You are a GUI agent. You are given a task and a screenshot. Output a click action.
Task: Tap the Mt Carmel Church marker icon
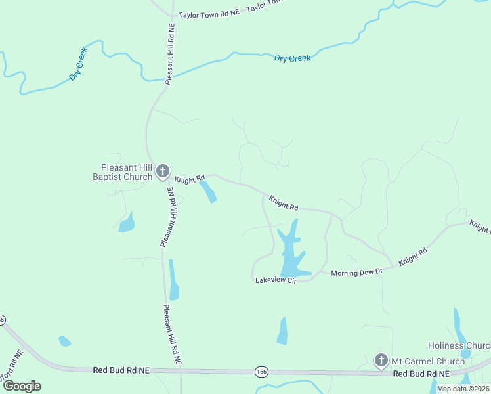pyautogui.click(x=381, y=360)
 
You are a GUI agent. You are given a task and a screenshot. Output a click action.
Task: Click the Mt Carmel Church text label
pyautogui.click(x=419, y=361)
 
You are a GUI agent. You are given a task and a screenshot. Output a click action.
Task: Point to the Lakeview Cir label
pyautogui.click(x=276, y=280)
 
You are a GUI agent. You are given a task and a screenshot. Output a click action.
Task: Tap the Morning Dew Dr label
pyautogui.click(x=356, y=273)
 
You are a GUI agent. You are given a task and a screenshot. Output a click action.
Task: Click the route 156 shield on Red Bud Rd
pyautogui.click(x=261, y=372)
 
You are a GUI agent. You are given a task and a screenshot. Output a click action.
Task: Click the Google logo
pyautogui.click(x=22, y=385)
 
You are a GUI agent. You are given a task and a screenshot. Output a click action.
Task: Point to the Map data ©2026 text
pyautogui.click(x=462, y=389)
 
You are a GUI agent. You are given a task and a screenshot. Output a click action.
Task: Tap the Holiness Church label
pyautogui.click(x=459, y=345)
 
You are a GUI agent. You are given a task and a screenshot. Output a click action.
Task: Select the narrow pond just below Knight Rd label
pyautogui.click(x=208, y=192)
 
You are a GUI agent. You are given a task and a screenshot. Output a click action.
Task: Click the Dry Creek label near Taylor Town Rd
pyautogui.click(x=292, y=58)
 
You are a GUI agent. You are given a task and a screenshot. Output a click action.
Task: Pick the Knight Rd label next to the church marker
pyautogui.click(x=190, y=178)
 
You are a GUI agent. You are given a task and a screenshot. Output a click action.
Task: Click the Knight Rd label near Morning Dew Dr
pyautogui.click(x=413, y=256)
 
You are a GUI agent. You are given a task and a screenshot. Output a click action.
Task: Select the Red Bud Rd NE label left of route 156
pyautogui.click(x=121, y=371)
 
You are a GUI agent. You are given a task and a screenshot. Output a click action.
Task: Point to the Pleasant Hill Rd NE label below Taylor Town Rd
pyautogui.click(x=171, y=54)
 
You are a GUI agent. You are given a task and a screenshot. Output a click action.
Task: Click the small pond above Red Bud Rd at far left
pyautogui.click(x=64, y=341)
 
